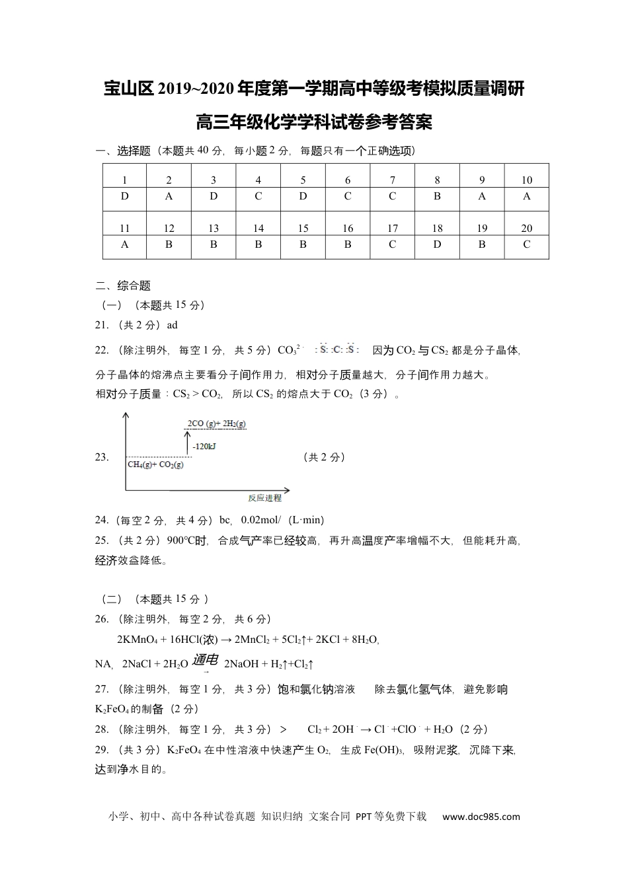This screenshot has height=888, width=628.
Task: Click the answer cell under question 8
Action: click(x=437, y=196)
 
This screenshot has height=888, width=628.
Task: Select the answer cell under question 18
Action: click(x=437, y=244)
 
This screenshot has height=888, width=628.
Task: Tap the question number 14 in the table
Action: click(x=258, y=228)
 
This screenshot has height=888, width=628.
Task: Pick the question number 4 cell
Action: click(x=258, y=180)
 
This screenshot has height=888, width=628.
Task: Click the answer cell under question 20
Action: click(x=526, y=244)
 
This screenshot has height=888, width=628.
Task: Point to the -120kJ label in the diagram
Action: click(x=204, y=447)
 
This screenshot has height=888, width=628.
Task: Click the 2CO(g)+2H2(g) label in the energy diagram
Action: click(x=216, y=424)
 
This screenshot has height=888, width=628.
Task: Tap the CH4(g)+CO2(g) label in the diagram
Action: click(x=155, y=464)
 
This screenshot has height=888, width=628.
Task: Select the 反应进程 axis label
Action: click(x=264, y=498)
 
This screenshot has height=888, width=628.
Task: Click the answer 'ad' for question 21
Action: click(x=172, y=325)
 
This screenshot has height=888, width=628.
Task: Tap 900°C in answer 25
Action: click(x=181, y=540)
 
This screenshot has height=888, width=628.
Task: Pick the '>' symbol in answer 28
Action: click(x=284, y=729)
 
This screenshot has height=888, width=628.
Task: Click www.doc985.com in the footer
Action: click(x=481, y=817)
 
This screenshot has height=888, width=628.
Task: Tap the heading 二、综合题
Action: click(x=124, y=286)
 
